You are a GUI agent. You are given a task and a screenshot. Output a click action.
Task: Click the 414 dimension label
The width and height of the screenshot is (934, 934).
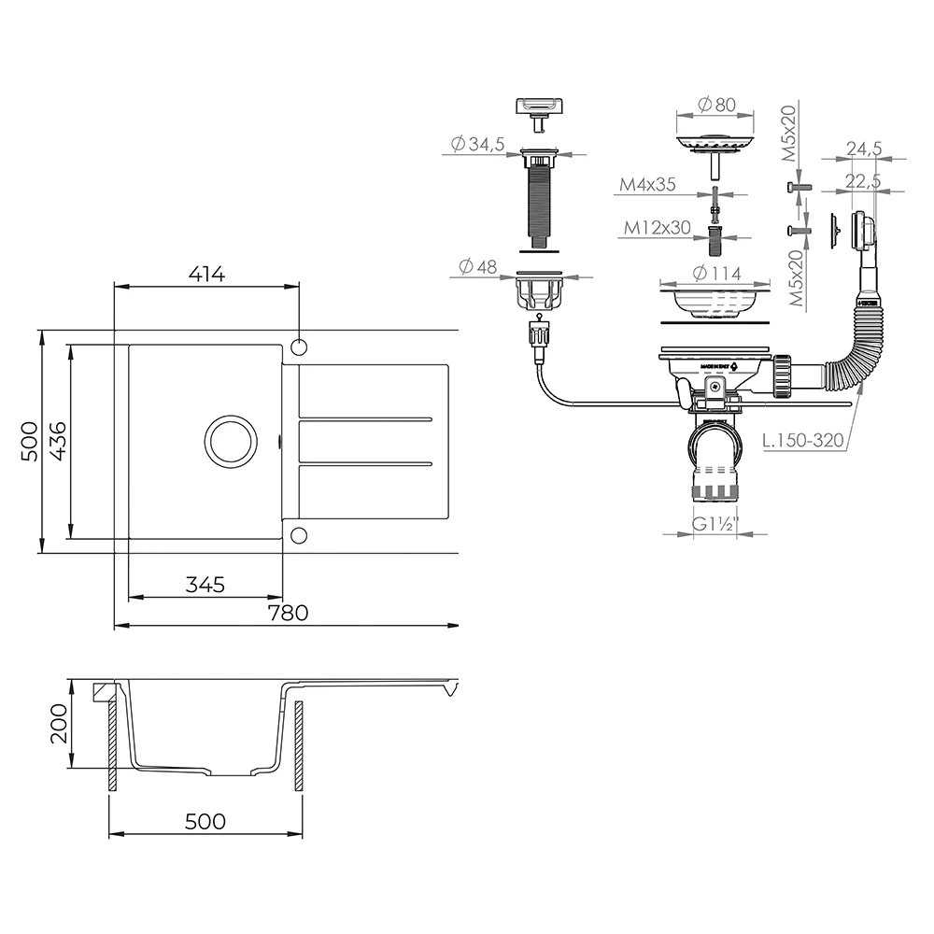(206, 275)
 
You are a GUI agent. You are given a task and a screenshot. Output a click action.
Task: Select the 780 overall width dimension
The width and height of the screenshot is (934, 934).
(288, 613)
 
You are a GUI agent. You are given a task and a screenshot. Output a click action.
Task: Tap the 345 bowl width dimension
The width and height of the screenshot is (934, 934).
(205, 585)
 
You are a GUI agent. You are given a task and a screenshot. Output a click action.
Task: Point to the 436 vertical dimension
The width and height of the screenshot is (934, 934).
(57, 440)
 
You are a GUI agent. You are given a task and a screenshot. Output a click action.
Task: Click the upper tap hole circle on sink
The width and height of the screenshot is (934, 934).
(299, 347)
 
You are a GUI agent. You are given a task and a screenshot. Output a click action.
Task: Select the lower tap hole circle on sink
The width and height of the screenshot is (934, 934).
(299, 534)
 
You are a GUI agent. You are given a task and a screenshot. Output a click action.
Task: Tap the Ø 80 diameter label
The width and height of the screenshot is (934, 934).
(715, 106)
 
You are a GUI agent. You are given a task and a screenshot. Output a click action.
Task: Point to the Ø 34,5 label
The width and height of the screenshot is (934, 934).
(477, 144)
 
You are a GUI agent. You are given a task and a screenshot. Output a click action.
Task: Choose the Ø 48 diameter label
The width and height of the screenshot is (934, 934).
(476, 266)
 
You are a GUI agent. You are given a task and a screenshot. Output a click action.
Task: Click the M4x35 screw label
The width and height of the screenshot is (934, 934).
(647, 185)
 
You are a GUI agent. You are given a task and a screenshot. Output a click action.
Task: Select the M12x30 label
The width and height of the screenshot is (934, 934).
(657, 227)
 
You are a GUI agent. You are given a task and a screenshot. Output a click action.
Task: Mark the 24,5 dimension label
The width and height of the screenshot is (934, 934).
(865, 148)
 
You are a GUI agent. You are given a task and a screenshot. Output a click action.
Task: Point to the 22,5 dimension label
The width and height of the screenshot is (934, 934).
(865, 180)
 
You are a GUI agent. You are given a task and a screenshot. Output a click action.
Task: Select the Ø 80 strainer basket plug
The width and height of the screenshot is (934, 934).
(715, 144)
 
